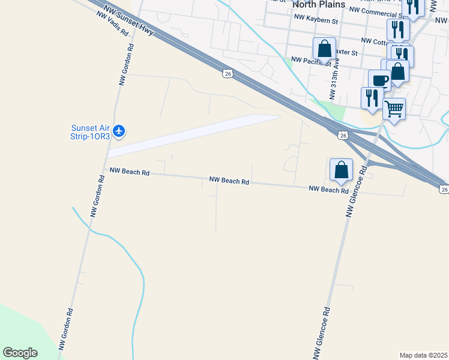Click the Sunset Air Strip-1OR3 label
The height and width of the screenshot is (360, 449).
(91, 131)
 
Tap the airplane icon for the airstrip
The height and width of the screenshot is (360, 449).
(119, 131)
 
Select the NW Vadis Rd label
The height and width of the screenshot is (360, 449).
(112, 22)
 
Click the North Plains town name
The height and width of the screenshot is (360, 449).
(319, 5)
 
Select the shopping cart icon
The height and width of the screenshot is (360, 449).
(394, 109)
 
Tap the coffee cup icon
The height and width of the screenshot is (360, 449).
(379, 79)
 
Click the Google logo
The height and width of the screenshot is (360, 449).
(20, 353)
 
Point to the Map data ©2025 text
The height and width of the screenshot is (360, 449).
(423, 355)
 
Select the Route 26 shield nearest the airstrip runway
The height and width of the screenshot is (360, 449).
(226, 73)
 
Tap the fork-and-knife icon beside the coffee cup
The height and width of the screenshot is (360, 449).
(372, 98)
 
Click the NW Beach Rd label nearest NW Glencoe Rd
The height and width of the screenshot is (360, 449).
(328, 190)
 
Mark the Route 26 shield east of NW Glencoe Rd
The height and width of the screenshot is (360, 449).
(444, 189)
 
